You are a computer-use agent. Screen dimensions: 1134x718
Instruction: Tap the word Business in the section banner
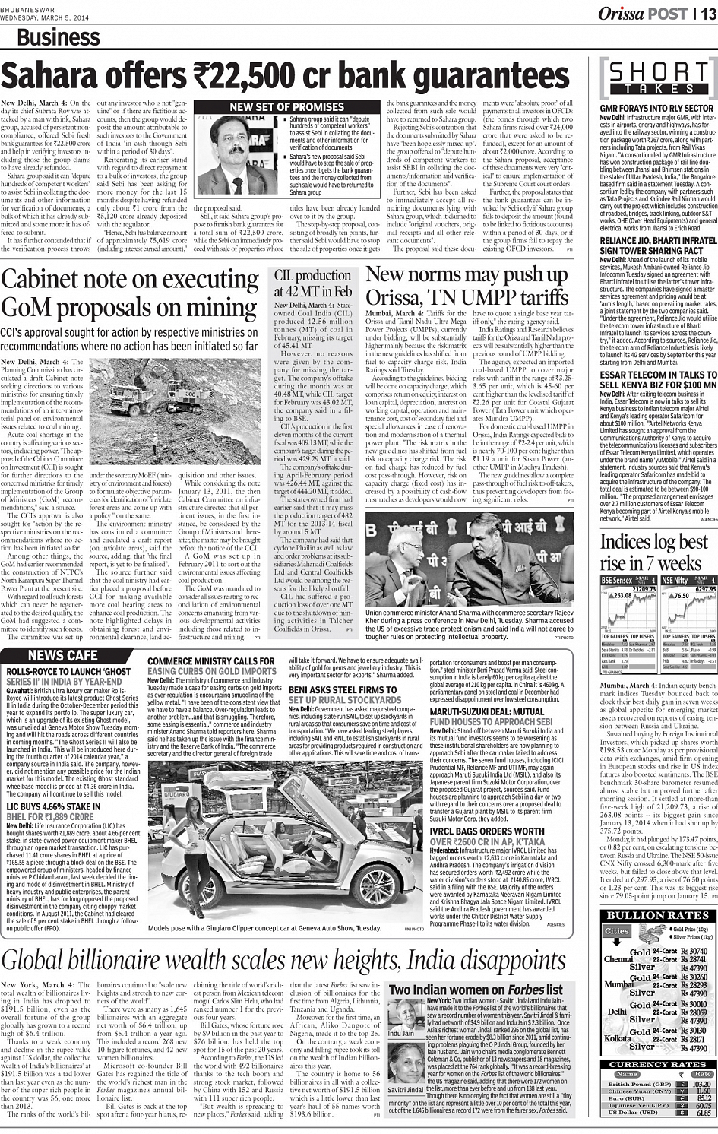point(58,37)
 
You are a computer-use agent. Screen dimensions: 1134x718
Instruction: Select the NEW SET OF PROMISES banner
point(286,107)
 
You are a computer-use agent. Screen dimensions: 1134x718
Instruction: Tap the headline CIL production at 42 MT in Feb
point(312,283)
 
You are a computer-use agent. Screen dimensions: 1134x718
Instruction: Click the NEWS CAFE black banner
point(62,655)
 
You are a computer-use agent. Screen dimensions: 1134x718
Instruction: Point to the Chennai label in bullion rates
point(618,959)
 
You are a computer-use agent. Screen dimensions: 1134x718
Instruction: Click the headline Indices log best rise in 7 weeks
point(653,553)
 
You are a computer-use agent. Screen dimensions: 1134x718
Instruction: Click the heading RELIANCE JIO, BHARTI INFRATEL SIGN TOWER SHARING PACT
point(657,245)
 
